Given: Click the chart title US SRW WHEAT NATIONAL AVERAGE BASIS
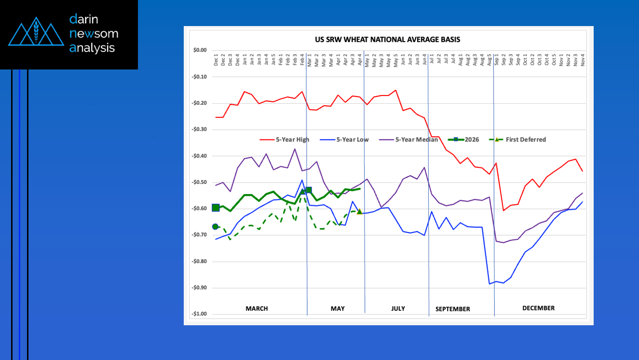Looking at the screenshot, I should tap(388, 40).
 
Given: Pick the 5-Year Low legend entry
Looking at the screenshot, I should tap(353, 140).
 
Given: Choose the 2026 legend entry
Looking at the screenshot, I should tap(472, 140).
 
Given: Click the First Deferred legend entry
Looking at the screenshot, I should tap(525, 140).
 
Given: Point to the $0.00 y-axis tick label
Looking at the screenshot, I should tap(200, 50).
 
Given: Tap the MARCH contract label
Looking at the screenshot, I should tap(257, 309).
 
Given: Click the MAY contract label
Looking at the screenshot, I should tap(338, 309).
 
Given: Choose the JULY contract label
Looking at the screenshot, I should tap(398, 308).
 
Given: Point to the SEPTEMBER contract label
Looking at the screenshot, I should tap(452, 309).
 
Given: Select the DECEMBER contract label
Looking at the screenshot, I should tap(538, 308).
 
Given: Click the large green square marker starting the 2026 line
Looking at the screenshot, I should tap(216, 208).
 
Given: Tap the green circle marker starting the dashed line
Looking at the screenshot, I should tap(215, 227).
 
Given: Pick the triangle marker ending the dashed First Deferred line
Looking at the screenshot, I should tap(359, 211).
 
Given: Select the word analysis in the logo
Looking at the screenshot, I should tap(92, 48).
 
